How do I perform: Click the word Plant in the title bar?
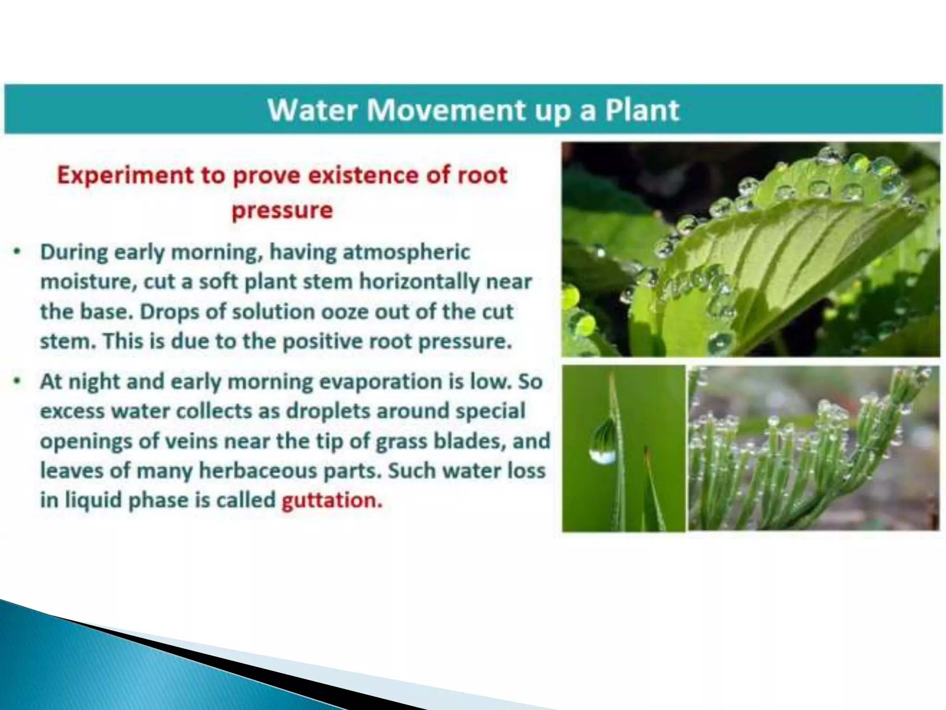[642, 110]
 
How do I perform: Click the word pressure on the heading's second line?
[282, 210]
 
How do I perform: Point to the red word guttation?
[332, 500]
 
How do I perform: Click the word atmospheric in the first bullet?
[406, 252]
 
